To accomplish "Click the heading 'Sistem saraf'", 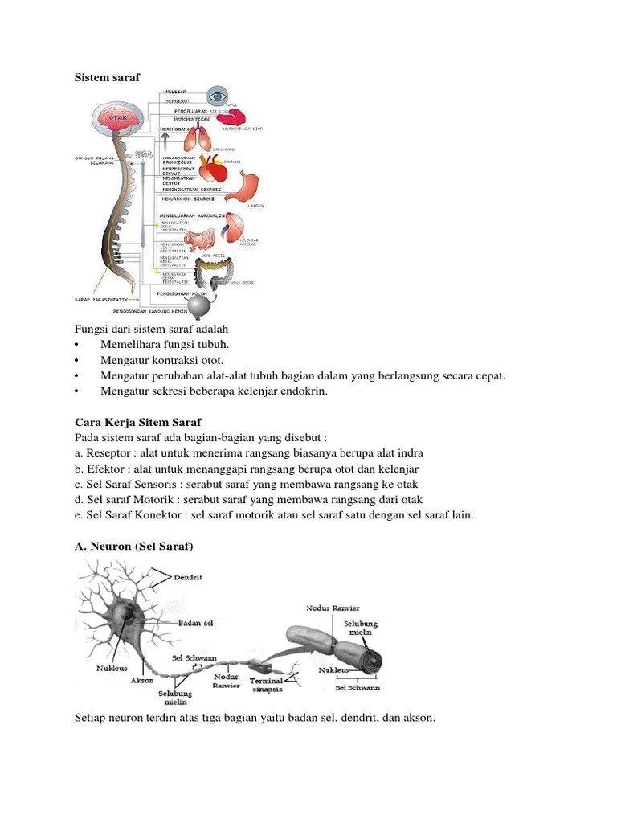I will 107,77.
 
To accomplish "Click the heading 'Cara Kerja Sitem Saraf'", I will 137,422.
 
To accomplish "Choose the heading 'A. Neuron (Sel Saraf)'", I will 134,546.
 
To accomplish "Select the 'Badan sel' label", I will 196,622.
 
